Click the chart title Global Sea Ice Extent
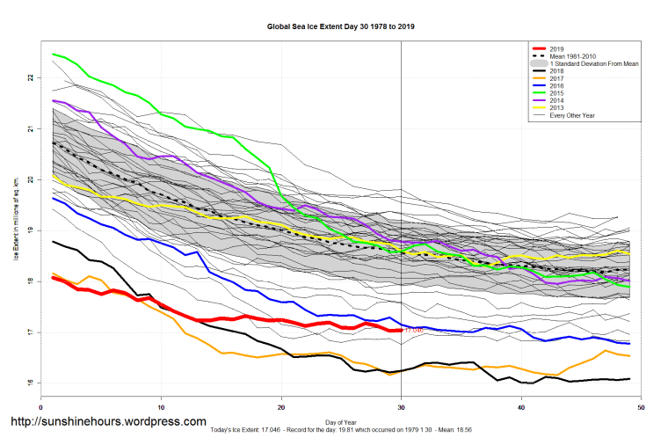[x=341, y=27]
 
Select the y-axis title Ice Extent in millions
[x=16, y=230]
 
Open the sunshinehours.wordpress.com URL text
[x=108, y=422]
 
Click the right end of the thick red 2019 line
[x=401, y=330]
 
